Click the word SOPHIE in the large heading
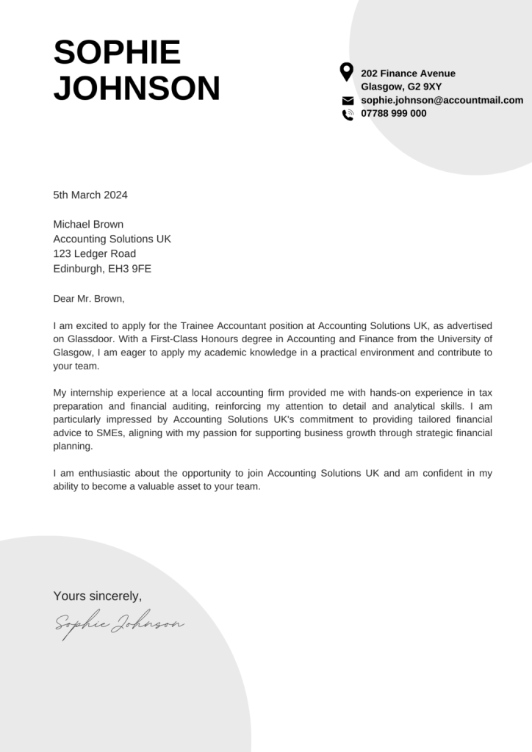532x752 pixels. [x=117, y=53]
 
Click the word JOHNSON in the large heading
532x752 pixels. [x=137, y=88]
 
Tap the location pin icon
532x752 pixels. [x=347, y=72]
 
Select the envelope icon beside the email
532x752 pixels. [x=348, y=101]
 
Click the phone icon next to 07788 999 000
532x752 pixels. [x=348, y=114]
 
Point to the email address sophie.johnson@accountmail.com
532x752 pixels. [x=442, y=100]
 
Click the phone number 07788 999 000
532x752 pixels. [x=393, y=113]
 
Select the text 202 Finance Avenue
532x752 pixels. [x=408, y=73]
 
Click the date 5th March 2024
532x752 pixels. [x=90, y=195]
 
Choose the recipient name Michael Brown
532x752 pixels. [x=88, y=224]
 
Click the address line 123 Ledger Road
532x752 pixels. [x=94, y=253]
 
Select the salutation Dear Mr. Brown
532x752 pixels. [x=89, y=298]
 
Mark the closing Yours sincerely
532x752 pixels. [x=98, y=596]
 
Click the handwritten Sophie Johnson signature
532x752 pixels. [x=119, y=624]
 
